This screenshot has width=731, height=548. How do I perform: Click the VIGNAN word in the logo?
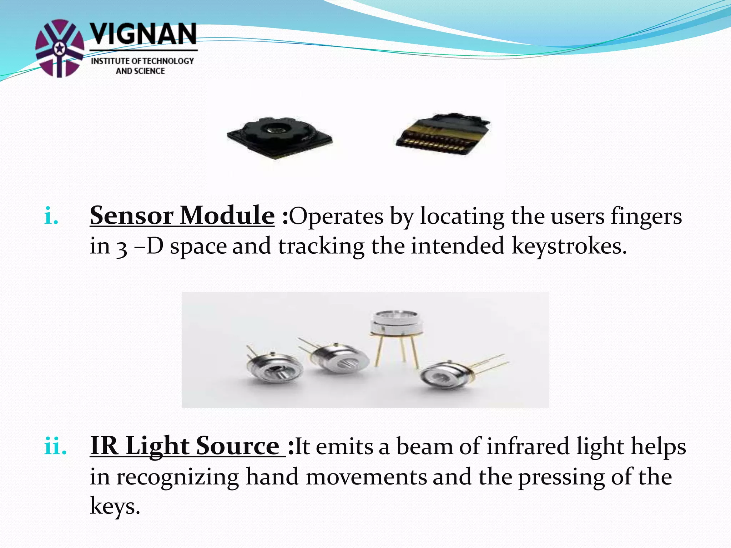point(143,35)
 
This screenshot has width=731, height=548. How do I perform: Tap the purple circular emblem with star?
point(60,48)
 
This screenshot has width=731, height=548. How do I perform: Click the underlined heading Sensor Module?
point(182,216)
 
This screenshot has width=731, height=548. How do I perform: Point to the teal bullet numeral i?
point(51,217)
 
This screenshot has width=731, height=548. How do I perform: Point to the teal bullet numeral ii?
point(55,446)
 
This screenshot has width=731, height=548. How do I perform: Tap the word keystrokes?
point(569,246)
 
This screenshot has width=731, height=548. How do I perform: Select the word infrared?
point(528,446)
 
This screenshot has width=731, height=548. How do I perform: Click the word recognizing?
point(177,477)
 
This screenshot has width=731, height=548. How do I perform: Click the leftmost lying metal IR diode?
point(273,367)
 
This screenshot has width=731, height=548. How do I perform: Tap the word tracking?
point(321,246)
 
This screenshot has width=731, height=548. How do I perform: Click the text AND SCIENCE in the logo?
point(140,71)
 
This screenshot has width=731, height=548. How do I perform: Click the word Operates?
point(336,217)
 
